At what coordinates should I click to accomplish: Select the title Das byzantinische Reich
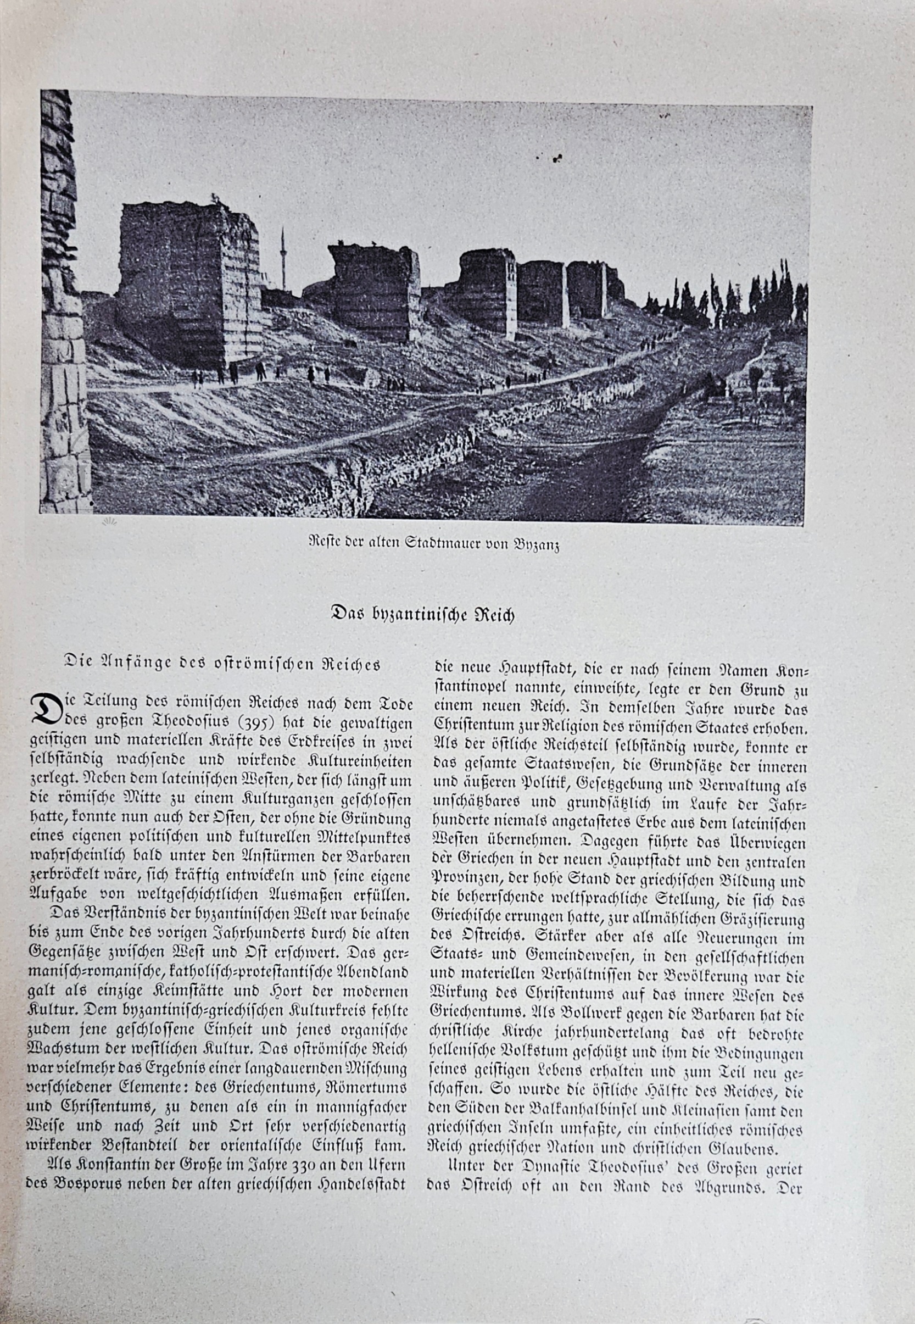(x=423, y=615)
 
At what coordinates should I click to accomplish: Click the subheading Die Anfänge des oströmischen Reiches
(x=223, y=664)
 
